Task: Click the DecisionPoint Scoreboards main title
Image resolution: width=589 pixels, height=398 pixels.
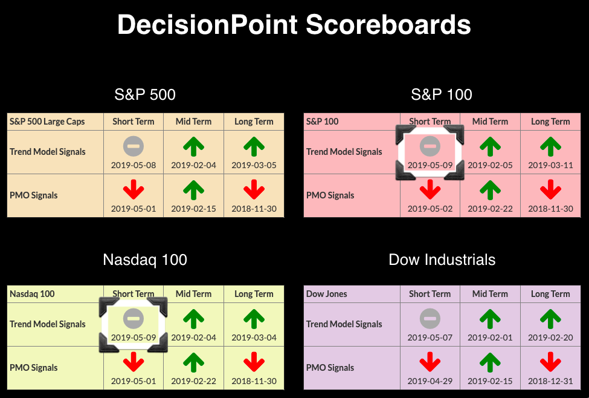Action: (x=294, y=25)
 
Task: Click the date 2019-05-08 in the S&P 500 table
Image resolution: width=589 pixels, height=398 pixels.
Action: (x=134, y=165)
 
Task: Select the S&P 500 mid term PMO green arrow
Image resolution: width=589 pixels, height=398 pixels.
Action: (x=194, y=190)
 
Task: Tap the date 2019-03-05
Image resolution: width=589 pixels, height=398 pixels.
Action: (x=254, y=165)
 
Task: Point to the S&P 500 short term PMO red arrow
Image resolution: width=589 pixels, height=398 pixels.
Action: (x=134, y=189)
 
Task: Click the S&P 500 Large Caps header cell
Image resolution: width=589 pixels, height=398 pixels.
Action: (x=47, y=122)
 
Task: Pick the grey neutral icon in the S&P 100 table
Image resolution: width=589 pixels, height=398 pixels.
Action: (x=430, y=146)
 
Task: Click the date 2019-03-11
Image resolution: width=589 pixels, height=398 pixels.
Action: (x=551, y=165)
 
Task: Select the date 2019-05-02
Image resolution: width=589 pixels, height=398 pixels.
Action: (x=430, y=209)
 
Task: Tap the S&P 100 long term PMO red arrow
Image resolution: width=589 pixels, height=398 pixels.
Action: (x=551, y=189)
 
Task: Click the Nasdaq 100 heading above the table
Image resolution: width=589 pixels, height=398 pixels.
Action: (x=145, y=259)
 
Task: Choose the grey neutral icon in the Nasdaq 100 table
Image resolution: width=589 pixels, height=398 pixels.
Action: (x=134, y=319)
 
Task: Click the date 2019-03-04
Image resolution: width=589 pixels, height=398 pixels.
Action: (x=254, y=338)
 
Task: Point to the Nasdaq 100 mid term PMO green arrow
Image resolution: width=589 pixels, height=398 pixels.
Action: (x=194, y=362)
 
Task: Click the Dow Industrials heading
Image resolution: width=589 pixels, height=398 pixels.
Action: (x=442, y=259)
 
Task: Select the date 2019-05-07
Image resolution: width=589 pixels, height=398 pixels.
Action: (x=430, y=338)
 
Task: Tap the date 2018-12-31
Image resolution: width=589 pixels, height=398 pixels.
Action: (x=551, y=381)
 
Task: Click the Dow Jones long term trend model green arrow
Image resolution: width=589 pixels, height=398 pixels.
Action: (x=551, y=319)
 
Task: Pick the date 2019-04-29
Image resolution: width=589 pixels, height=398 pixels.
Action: (x=430, y=381)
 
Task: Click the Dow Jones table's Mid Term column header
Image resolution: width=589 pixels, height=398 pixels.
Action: (x=490, y=294)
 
